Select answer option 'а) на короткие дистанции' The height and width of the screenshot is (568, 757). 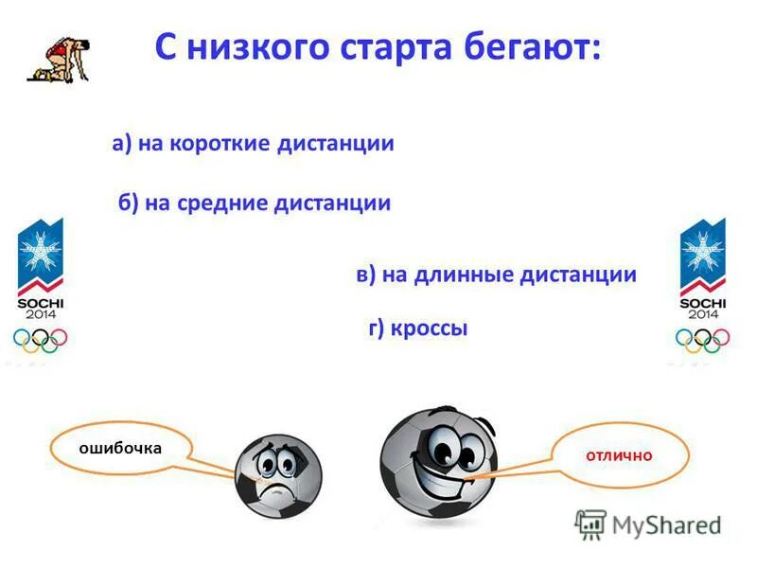(x=253, y=144)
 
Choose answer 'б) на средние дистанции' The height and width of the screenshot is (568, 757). (x=255, y=204)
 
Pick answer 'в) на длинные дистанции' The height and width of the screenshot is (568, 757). (x=496, y=275)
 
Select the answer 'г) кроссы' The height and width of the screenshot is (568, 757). (x=417, y=328)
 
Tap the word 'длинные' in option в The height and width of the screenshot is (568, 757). (x=463, y=275)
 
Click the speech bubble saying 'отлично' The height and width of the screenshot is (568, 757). (x=619, y=455)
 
